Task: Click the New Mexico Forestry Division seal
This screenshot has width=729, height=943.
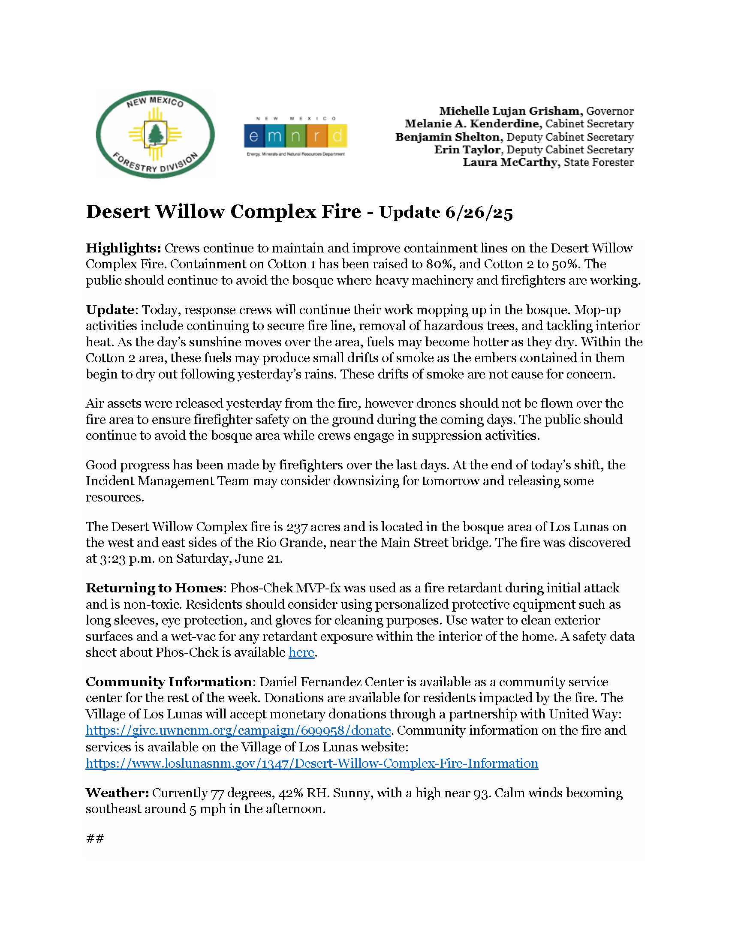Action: click(x=155, y=134)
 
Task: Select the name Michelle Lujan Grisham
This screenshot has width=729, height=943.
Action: click(x=509, y=111)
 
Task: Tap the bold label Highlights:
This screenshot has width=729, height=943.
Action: click(x=124, y=248)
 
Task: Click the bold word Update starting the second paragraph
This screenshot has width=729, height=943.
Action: click(x=110, y=310)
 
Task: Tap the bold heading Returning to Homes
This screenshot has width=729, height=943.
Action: click(x=154, y=588)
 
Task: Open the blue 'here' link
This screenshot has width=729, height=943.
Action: click(x=301, y=652)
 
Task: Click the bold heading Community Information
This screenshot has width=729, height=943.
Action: click(x=169, y=682)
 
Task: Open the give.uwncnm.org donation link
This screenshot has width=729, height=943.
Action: click(x=238, y=730)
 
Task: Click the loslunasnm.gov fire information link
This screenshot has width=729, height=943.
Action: click(x=312, y=763)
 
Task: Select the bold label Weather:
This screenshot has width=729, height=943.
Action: click(x=117, y=793)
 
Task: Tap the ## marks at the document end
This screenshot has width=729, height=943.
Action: click(x=95, y=838)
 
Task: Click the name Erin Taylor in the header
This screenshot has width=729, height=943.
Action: click(x=467, y=150)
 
